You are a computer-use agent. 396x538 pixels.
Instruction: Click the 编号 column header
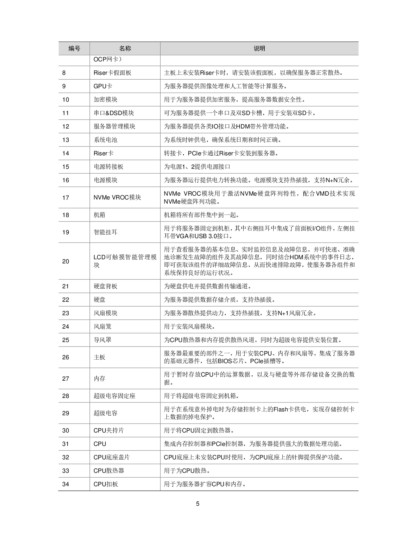coord(74,48)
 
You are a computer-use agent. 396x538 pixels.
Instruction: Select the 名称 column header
coord(125,48)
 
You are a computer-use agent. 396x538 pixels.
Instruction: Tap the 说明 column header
coord(259,48)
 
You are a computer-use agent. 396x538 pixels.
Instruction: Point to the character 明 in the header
coord(263,48)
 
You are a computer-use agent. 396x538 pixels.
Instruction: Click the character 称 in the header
coord(128,48)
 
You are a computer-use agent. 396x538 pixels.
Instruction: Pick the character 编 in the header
coord(71,48)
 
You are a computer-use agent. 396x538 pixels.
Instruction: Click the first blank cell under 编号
coord(74,60)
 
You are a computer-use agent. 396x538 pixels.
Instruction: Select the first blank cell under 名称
coord(125,60)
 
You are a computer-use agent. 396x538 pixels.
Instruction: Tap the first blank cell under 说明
coord(259,60)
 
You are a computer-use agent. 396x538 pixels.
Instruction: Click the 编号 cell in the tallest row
coord(74,261)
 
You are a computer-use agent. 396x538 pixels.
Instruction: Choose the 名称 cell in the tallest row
coord(125,261)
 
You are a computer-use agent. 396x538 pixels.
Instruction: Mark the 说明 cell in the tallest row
coord(259,261)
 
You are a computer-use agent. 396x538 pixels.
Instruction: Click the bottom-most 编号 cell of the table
coord(74,484)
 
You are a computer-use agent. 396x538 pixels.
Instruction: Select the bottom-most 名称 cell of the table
coord(125,484)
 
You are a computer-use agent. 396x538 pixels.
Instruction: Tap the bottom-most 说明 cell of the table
coord(259,484)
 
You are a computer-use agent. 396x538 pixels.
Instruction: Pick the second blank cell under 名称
coord(125,73)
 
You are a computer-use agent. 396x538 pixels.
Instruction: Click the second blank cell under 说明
coord(259,73)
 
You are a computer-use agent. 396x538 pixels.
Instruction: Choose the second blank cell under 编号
coord(74,73)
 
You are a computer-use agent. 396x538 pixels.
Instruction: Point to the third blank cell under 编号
coord(74,86)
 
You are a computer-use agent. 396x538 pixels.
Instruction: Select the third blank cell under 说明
coord(259,86)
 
